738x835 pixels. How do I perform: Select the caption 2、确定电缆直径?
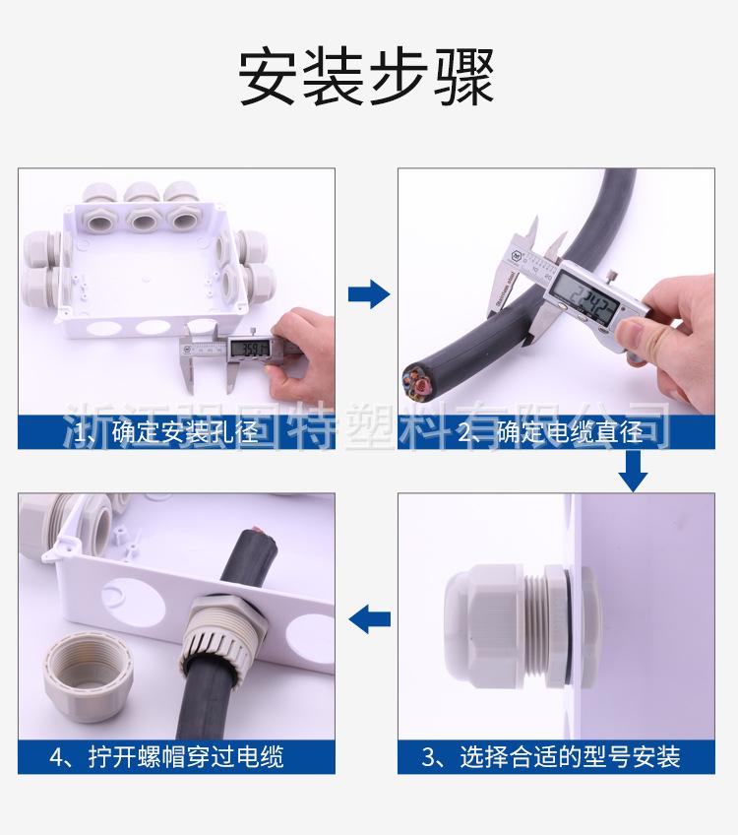click(x=556, y=431)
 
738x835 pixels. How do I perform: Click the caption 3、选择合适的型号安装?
click(x=551, y=756)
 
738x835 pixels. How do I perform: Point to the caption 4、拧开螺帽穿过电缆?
click(x=166, y=756)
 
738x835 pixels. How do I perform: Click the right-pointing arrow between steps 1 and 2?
click(x=370, y=293)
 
